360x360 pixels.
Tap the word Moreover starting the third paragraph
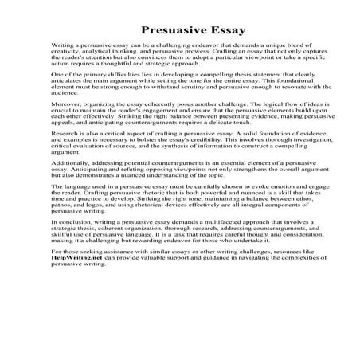click(65, 129)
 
